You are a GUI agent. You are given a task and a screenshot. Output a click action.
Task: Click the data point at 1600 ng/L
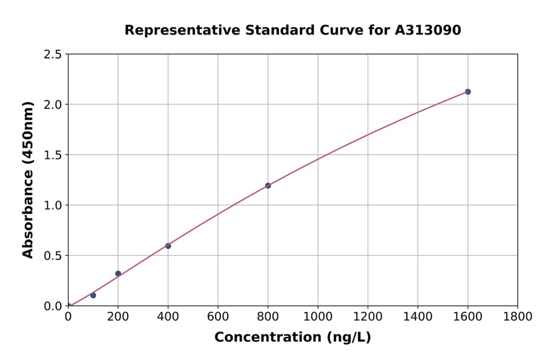[467, 92]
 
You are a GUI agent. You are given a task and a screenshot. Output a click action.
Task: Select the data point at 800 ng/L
[268, 185]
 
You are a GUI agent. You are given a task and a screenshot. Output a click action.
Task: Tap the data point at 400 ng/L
[168, 245]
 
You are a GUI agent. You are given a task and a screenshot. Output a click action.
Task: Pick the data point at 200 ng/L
[118, 273]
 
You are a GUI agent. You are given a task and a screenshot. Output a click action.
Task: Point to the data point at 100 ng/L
[93, 295]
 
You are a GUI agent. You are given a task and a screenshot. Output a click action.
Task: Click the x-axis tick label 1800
[517, 316]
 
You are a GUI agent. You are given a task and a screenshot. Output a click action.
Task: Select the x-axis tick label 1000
[317, 316]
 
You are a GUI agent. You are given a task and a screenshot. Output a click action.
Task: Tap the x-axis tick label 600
[217, 316]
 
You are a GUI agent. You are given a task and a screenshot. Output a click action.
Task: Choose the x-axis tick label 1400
[417, 316]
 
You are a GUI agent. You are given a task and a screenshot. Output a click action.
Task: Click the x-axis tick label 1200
[368, 316]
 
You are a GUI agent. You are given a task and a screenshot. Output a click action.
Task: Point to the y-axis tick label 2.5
[53, 55]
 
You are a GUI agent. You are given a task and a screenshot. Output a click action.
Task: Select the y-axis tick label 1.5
[53, 155]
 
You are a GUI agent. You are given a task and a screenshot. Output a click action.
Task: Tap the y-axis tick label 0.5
[53, 256]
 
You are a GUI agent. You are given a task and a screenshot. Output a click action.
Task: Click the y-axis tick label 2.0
[53, 105]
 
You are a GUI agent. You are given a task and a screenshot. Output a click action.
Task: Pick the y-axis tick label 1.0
[53, 205]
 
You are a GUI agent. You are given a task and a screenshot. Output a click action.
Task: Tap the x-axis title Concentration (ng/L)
[292, 337]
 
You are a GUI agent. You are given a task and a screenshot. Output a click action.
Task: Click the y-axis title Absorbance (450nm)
[28, 180]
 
